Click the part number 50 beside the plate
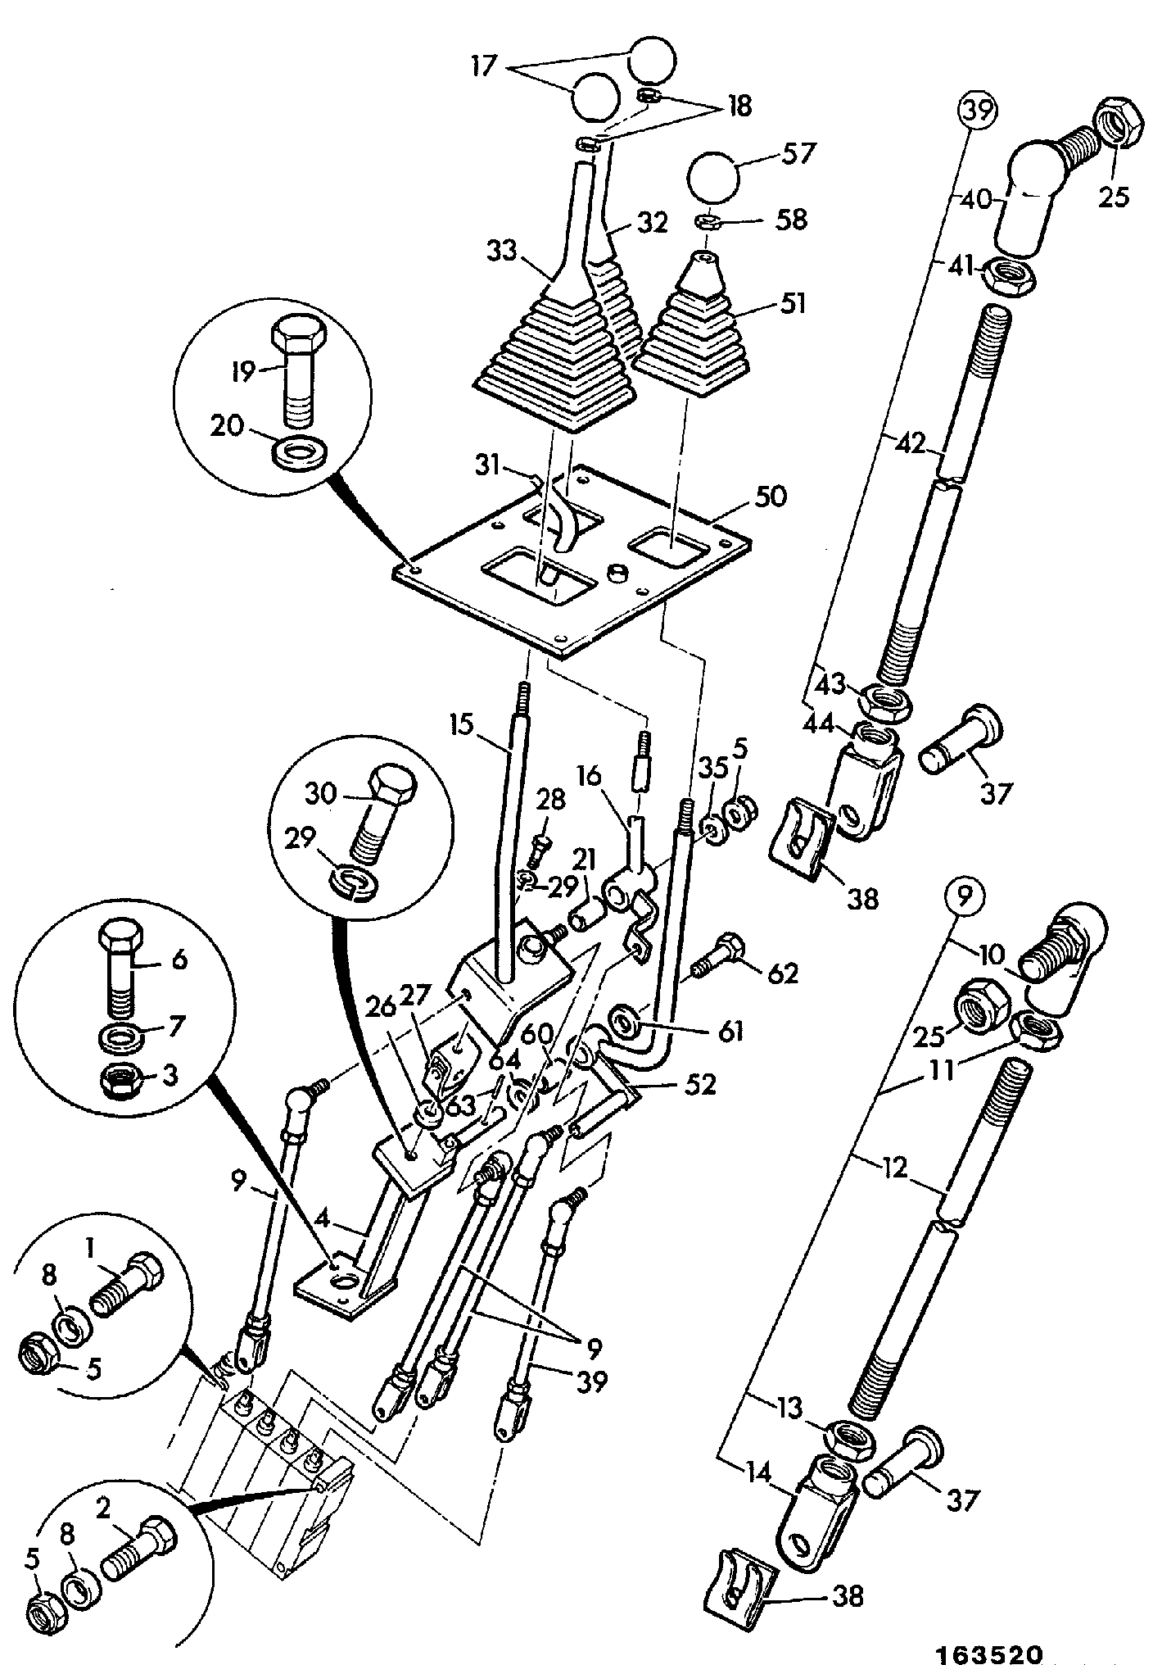(772, 497)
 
